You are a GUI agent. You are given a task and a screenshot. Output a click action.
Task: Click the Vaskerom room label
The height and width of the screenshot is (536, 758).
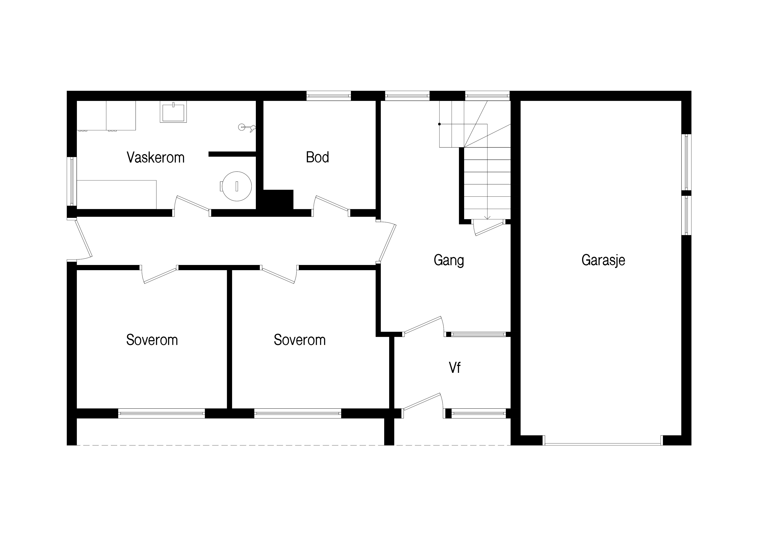156,158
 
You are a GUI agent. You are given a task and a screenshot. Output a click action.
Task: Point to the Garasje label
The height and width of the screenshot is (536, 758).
603,260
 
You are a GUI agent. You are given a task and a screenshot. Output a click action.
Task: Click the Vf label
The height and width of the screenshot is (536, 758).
455,368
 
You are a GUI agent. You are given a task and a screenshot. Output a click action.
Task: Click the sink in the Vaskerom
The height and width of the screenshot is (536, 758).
173,112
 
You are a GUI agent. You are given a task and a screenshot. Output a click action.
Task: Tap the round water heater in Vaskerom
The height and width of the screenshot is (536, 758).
236,186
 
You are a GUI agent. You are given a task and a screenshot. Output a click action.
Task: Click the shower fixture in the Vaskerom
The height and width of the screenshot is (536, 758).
247,127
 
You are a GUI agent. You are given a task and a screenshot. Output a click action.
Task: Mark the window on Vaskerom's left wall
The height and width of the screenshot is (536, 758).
72,181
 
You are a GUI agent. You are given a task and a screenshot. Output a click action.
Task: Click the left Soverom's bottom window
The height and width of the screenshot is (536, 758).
161,413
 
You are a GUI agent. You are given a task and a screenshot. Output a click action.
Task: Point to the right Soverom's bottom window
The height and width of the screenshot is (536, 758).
298,413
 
